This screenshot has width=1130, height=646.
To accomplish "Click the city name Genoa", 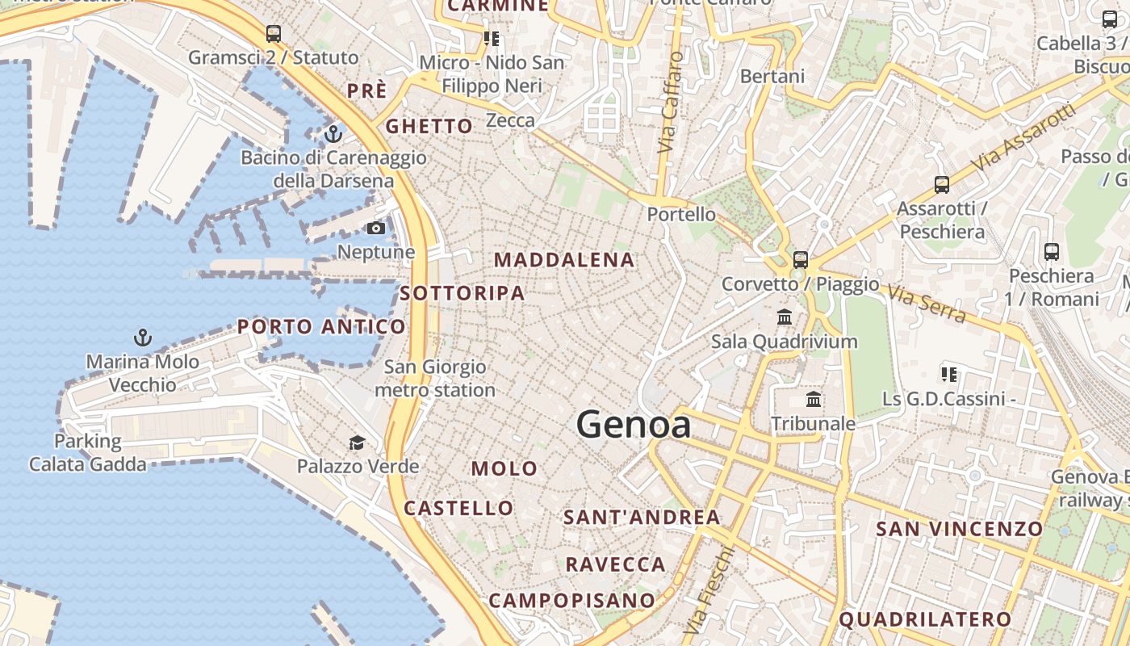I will (x=634, y=425).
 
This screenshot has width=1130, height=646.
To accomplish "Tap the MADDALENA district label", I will (x=564, y=260).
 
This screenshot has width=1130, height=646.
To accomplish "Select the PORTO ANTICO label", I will (x=321, y=327).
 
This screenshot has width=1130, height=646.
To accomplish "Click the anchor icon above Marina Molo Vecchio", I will (x=143, y=338).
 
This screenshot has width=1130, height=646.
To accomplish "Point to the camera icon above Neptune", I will (x=375, y=229).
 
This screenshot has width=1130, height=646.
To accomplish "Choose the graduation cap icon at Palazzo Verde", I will (x=357, y=443).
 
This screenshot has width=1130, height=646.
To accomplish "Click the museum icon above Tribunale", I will (x=814, y=400).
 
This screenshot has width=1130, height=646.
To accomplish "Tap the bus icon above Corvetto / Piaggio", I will (x=800, y=260).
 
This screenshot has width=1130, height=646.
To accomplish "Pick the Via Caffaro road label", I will (x=669, y=103).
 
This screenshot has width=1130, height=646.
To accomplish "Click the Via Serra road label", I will (x=927, y=303).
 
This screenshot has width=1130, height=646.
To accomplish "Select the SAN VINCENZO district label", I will (x=960, y=529).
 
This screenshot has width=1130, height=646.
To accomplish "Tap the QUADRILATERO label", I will (x=925, y=619).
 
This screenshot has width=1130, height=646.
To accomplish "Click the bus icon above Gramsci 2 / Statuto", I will (x=274, y=34).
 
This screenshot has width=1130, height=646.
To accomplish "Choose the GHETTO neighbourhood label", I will (x=429, y=126).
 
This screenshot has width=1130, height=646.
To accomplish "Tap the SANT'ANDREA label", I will (x=641, y=517).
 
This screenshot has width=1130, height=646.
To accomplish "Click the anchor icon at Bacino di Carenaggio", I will (x=333, y=134).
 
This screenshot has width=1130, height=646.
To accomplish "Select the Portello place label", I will (x=681, y=214).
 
